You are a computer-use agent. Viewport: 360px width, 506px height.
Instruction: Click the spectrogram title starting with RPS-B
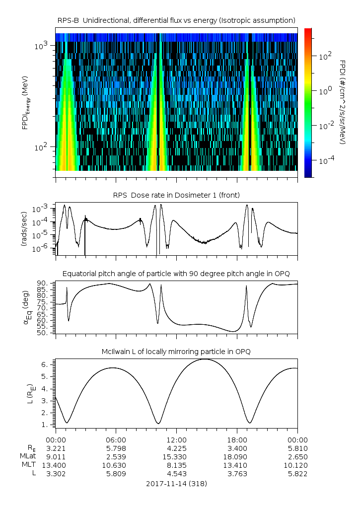(176, 20)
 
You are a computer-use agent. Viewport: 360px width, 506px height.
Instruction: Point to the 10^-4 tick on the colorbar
(326, 161)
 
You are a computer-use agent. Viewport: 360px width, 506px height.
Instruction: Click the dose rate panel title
(176, 195)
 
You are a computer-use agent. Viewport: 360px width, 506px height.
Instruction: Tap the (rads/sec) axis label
(23, 229)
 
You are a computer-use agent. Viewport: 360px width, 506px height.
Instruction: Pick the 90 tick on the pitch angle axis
(43, 283)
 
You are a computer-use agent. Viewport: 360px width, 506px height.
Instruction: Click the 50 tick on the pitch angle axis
(43, 333)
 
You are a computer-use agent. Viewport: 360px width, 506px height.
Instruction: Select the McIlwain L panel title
(176, 352)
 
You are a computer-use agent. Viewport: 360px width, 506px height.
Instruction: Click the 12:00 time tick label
(176, 439)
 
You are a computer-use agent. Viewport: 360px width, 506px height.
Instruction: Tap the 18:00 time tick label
(237, 439)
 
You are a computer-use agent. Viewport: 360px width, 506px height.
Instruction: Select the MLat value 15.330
(176, 456)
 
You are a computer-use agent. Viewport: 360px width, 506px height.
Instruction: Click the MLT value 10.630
(116, 465)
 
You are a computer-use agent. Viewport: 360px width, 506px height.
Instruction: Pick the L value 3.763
(237, 474)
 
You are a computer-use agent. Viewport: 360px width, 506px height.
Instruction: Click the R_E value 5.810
(297, 448)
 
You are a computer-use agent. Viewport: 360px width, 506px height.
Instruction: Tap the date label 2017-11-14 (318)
(176, 483)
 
